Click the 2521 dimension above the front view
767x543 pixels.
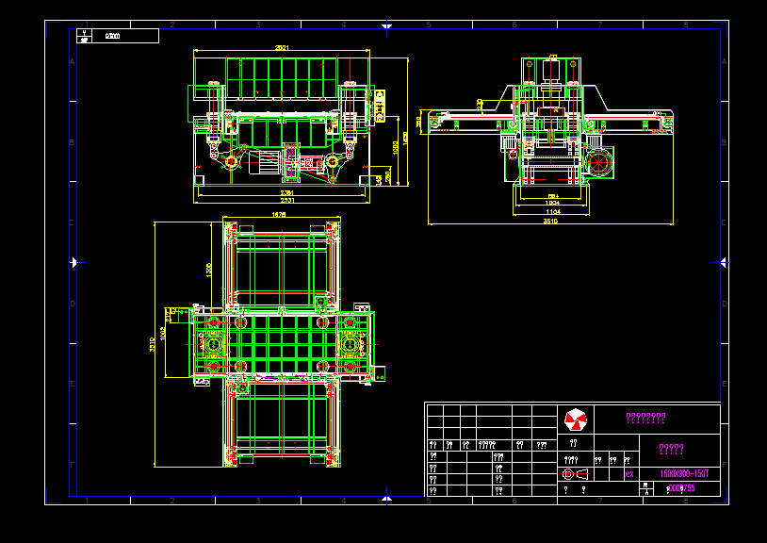point(282,47)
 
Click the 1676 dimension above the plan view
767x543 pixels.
point(280,215)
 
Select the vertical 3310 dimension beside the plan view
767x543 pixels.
point(154,345)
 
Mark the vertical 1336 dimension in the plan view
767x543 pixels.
point(208,269)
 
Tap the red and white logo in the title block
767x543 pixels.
point(575,418)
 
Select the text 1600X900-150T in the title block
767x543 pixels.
point(677,472)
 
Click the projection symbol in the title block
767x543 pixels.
point(574,473)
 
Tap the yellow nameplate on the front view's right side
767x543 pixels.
point(381,106)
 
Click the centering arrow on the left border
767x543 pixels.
point(75,262)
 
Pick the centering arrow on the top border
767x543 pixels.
point(386,25)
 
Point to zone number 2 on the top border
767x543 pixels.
point(171,25)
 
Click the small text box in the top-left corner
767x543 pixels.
point(118,36)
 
